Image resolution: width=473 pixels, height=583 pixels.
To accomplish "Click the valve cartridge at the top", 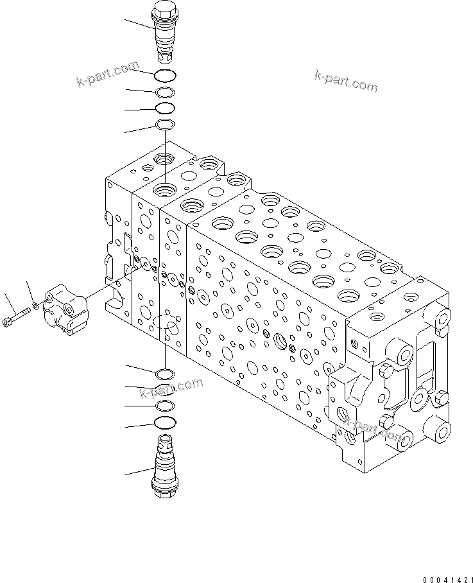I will (166, 31).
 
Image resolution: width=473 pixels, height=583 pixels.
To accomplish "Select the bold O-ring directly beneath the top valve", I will (166, 76).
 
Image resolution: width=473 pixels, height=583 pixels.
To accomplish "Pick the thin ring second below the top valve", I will (166, 92).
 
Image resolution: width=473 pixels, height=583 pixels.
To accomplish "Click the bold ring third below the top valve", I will (166, 108).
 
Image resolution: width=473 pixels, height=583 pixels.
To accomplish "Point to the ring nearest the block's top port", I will (166, 124).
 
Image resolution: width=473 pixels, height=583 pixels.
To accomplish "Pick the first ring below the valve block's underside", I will (166, 374).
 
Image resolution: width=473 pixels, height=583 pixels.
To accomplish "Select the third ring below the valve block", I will (166, 405).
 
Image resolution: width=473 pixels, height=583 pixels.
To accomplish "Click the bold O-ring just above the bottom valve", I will (166, 422).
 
